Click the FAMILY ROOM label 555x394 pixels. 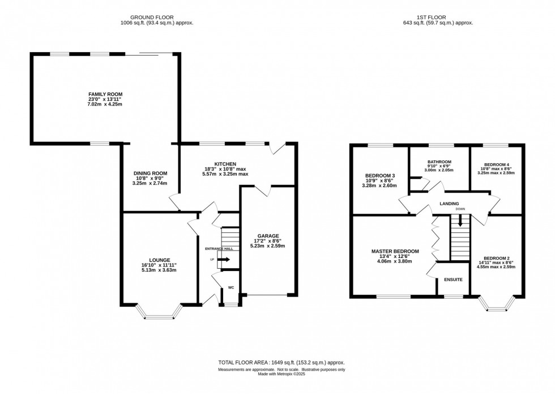(105, 94)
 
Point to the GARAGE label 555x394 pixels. (268, 236)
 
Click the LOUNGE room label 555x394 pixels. (160, 260)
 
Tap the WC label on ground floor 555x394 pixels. (231, 287)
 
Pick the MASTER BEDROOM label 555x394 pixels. (395, 251)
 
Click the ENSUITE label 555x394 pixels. (454, 279)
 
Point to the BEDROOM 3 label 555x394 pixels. (380, 175)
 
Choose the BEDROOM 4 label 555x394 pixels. (496, 164)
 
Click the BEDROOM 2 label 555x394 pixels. (497, 258)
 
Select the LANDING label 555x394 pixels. (448, 204)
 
